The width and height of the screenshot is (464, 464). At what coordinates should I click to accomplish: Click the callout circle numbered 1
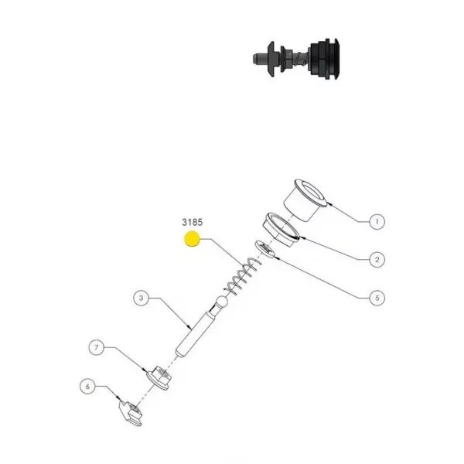pos(377,221)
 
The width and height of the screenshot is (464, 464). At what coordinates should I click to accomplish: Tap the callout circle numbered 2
pos(377,260)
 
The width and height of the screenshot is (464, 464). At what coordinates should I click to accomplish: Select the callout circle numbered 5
pos(377,298)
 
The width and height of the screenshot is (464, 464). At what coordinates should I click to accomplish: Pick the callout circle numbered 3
pos(142,298)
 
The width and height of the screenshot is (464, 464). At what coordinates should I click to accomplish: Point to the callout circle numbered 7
pos(97,347)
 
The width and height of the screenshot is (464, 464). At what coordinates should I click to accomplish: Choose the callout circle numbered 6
pos(87,386)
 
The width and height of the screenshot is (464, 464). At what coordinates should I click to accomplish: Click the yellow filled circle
pos(192,239)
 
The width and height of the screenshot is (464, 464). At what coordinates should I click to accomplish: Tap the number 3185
pos(193,222)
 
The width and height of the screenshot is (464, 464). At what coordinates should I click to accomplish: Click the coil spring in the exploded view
pos(243,276)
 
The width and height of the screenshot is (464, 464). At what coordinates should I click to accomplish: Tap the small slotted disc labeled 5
pos(265,250)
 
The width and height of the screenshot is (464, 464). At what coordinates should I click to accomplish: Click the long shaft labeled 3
pos(201,327)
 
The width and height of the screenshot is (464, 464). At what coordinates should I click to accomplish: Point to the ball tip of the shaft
pos(223,302)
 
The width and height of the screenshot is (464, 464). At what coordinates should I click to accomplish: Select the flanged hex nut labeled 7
pos(159,377)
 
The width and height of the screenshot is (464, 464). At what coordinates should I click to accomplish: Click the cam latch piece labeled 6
pos(131,412)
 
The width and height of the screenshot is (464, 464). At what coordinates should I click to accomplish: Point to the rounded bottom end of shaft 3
pos(179,353)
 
